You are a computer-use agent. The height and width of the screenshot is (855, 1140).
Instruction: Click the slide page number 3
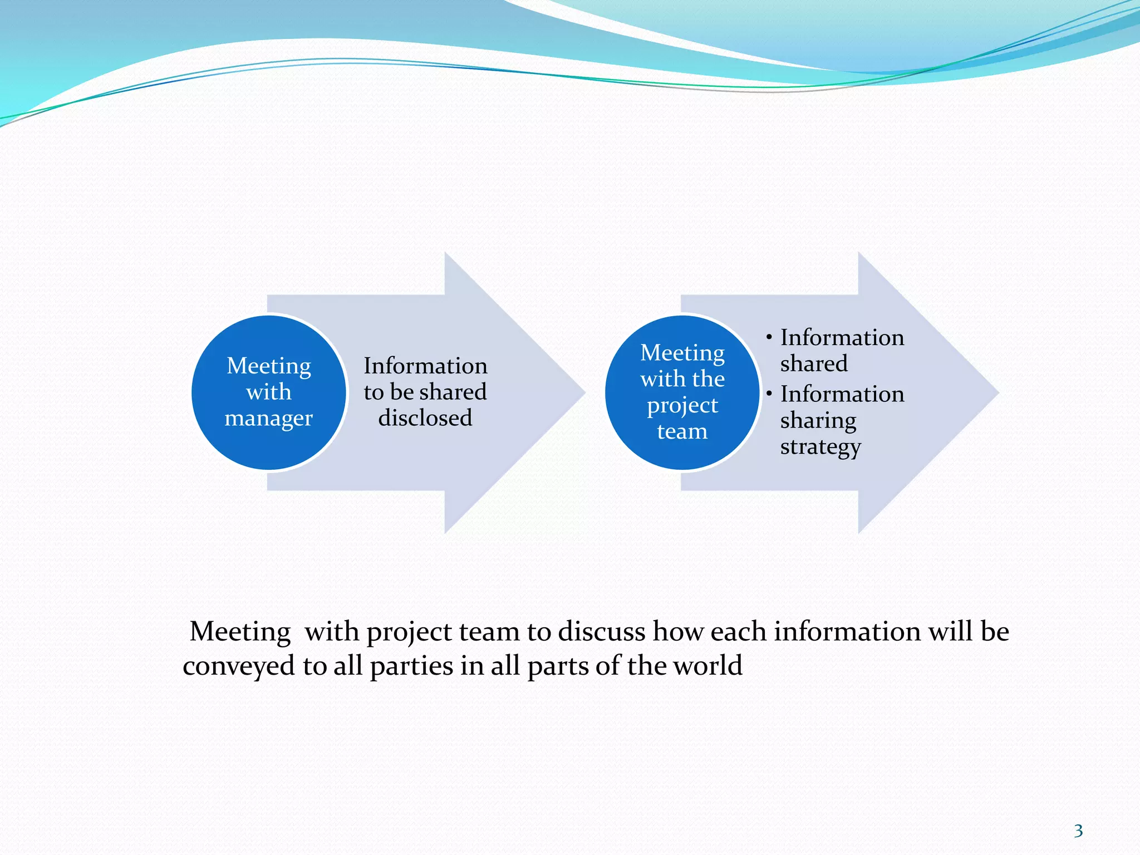pos(1078,831)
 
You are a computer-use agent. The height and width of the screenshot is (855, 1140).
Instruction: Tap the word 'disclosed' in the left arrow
pos(425,418)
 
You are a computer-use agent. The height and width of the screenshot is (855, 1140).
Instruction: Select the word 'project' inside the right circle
pos(682,406)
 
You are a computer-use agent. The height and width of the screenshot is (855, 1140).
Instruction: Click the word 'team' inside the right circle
pos(682,431)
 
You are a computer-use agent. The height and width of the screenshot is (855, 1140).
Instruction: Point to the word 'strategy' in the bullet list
pos(820,447)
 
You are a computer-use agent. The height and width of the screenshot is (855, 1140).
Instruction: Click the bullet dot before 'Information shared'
pos(769,337)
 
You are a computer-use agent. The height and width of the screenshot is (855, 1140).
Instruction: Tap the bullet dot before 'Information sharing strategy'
pos(769,394)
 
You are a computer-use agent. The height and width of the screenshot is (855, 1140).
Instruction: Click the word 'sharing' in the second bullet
pos(818,421)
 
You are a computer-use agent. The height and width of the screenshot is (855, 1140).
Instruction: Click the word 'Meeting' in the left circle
pos(269,367)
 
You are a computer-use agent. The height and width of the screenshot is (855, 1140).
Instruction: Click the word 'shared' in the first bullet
pos(814,363)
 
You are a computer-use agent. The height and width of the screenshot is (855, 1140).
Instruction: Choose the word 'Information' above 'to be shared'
pos(425,366)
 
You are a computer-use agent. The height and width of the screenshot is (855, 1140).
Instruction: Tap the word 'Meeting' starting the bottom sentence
pos(240,632)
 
